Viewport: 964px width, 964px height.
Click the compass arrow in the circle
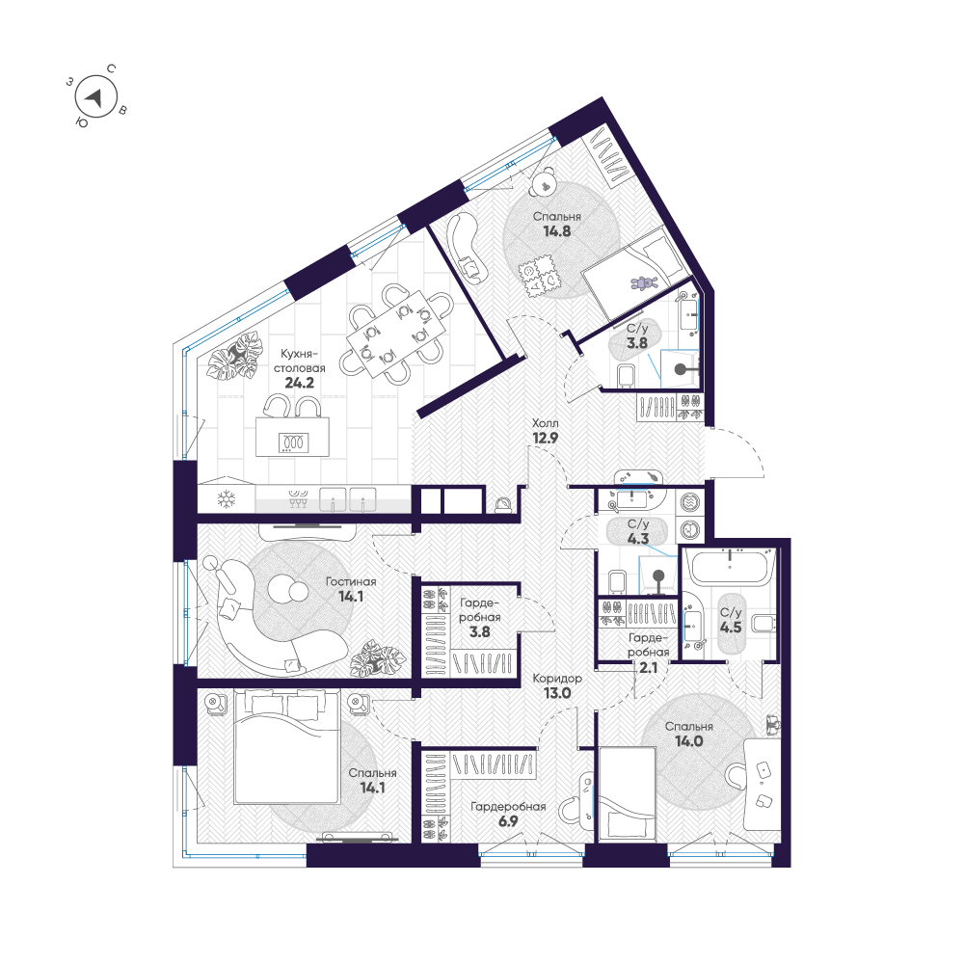click(94, 97)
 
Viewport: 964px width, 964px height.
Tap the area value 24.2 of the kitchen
click(300, 383)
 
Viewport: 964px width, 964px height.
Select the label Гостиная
click(351, 581)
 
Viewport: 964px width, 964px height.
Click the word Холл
click(546, 423)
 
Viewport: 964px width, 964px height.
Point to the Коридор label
click(557, 679)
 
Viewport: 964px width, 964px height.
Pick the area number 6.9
click(508, 820)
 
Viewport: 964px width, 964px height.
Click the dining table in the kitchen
click(396, 335)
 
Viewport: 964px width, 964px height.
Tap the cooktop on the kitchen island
click(294, 442)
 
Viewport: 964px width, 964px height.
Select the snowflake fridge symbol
click(227, 498)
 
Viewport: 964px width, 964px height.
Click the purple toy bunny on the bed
click(644, 282)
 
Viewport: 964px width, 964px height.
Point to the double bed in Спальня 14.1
click(287, 746)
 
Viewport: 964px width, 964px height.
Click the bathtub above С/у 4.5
click(730, 567)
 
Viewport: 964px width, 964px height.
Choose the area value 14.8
click(557, 231)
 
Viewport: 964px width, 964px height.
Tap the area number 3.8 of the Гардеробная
click(479, 632)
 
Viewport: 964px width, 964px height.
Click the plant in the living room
click(378, 658)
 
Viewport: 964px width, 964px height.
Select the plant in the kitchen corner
click(233, 356)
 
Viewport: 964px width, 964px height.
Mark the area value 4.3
click(638, 539)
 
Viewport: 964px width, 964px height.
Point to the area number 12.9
click(546, 439)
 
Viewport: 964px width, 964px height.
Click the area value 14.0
click(688, 741)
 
